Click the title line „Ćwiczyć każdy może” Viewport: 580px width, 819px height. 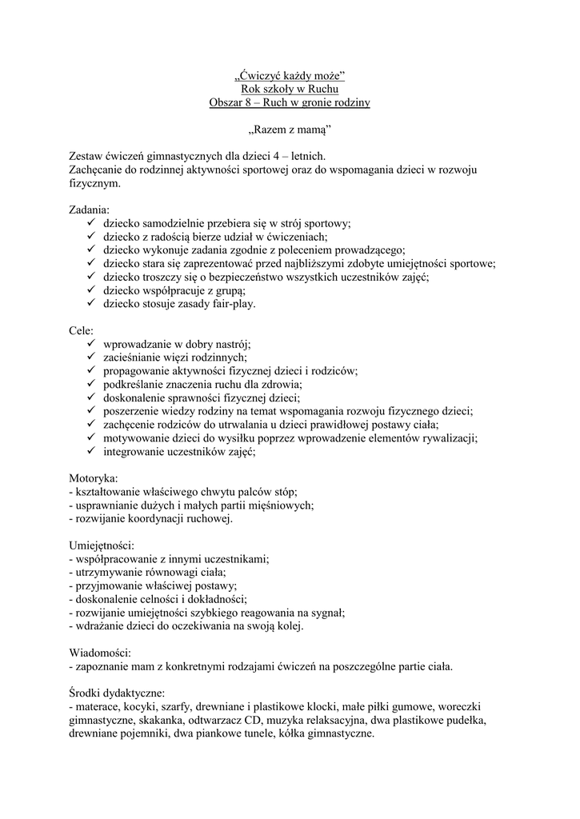coord(290,76)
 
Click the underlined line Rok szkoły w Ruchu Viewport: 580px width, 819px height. coord(290,90)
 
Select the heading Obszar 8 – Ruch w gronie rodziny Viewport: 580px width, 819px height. coord(290,103)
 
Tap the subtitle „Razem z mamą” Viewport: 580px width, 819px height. coord(289,130)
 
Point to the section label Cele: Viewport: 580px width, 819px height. coord(82,330)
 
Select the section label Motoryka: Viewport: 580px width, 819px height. coord(94,478)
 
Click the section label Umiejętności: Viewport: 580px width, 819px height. coord(102,545)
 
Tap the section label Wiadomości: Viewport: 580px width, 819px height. coord(100,652)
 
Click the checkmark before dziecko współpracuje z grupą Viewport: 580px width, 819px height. coord(91,290)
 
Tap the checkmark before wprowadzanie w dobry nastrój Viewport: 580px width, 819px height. coord(91,344)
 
